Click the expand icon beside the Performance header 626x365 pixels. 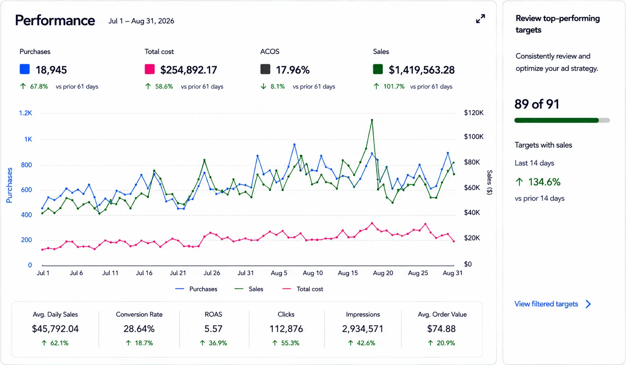coord(481,19)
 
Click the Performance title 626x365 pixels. coord(55,21)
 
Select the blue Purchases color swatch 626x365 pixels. coord(25,69)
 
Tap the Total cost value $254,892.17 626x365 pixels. coord(188,70)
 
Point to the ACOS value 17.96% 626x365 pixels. coord(292,70)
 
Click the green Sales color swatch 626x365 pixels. coord(378,69)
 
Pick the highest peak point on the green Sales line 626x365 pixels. coord(372,120)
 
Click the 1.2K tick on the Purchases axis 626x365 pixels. coord(26,113)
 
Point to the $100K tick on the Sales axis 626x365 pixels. coord(474,137)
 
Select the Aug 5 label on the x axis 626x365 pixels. coord(279,273)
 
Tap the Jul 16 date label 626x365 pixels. coord(144,273)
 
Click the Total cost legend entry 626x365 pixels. coord(303,289)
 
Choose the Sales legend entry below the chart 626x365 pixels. coord(249,289)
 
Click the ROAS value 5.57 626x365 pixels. coord(213,329)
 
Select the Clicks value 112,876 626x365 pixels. coord(286,329)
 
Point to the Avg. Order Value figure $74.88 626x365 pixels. coord(441,329)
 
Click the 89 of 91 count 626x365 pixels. coord(537,104)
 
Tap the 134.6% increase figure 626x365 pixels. coord(544,182)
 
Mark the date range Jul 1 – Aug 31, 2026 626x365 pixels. coord(141,21)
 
